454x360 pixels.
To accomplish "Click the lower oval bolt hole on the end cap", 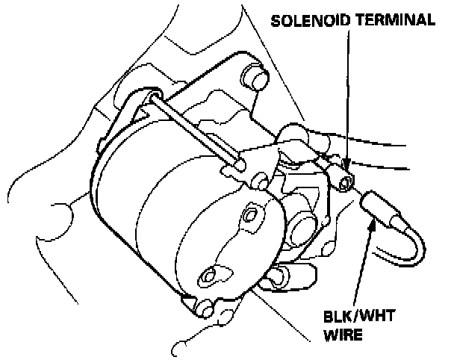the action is tap(211, 277).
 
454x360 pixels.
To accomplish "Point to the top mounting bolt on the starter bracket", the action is tap(255, 77).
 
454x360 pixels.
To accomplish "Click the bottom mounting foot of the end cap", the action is tap(205, 305).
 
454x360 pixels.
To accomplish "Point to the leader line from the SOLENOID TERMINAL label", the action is tap(348, 90).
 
